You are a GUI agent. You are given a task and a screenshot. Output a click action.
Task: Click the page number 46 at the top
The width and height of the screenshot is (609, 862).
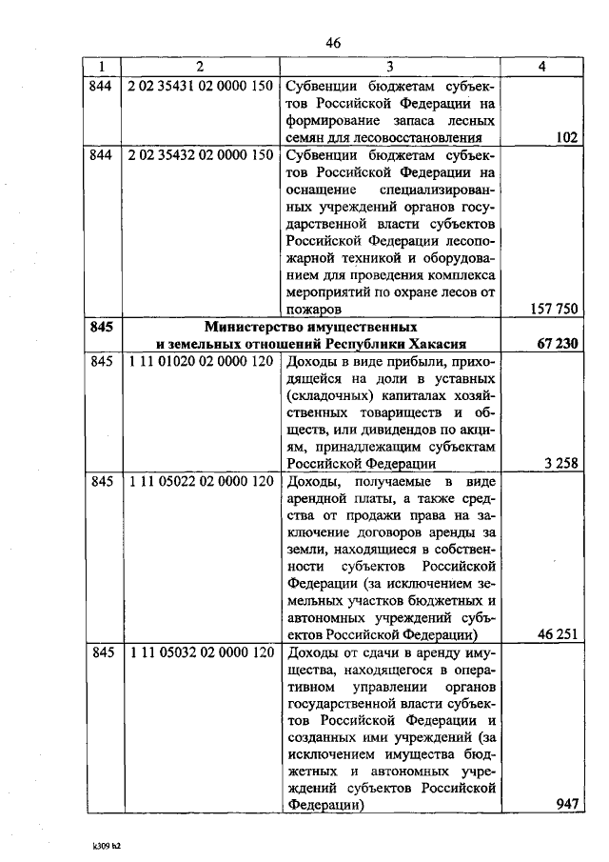click(332, 43)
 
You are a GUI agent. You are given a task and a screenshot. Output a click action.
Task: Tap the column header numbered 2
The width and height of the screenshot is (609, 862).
click(199, 67)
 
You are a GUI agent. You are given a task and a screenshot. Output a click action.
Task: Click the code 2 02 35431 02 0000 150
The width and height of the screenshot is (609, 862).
click(199, 86)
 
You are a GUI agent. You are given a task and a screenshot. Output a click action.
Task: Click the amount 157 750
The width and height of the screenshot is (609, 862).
click(553, 310)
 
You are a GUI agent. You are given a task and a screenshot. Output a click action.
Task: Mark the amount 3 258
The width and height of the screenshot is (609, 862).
click(560, 465)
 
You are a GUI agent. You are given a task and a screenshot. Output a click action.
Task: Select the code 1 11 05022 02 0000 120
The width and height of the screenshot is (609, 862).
click(199, 482)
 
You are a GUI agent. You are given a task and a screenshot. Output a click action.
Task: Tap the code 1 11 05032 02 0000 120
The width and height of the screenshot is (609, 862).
click(199, 654)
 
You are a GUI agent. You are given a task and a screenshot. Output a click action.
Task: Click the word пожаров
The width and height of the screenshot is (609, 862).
click(313, 310)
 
